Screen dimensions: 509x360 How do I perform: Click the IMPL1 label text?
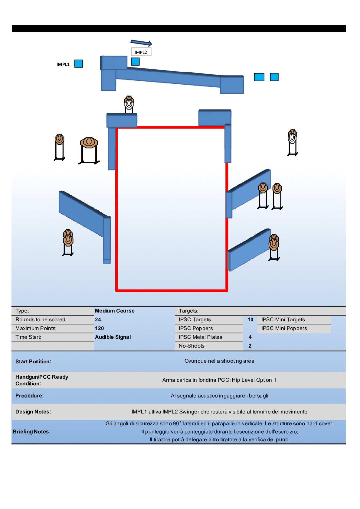[x=63, y=64]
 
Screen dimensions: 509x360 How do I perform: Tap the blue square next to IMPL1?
[x=79, y=64]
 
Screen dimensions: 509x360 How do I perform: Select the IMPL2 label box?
[x=141, y=52]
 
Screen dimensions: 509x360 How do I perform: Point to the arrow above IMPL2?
[x=141, y=43]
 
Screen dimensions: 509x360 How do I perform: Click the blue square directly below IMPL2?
[x=135, y=62]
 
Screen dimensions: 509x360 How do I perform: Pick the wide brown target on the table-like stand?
[x=89, y=142]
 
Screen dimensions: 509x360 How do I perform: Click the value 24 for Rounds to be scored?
[x=98, y=319]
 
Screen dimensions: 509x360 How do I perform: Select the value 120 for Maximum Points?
[x=100, y=328]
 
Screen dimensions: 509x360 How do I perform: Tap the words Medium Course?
[x=115, y=311]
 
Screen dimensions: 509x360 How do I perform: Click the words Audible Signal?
[x=113, y=337]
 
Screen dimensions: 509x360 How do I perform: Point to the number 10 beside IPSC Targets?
[x=250, y=319]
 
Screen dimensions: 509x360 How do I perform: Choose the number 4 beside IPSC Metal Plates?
[x=250, y=337]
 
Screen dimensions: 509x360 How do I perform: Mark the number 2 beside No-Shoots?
[x=250, y=346]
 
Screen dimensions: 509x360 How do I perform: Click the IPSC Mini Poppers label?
[x=284, y=328]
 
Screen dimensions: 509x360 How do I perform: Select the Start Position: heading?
[x=33, y=361]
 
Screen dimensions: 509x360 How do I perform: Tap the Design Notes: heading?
[x=33, y=412]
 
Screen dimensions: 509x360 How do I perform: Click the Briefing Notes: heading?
[x=32, y=432]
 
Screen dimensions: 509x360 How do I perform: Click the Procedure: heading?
[x=30, y=396]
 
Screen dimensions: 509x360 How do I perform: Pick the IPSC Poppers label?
[x=196, y=328]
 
